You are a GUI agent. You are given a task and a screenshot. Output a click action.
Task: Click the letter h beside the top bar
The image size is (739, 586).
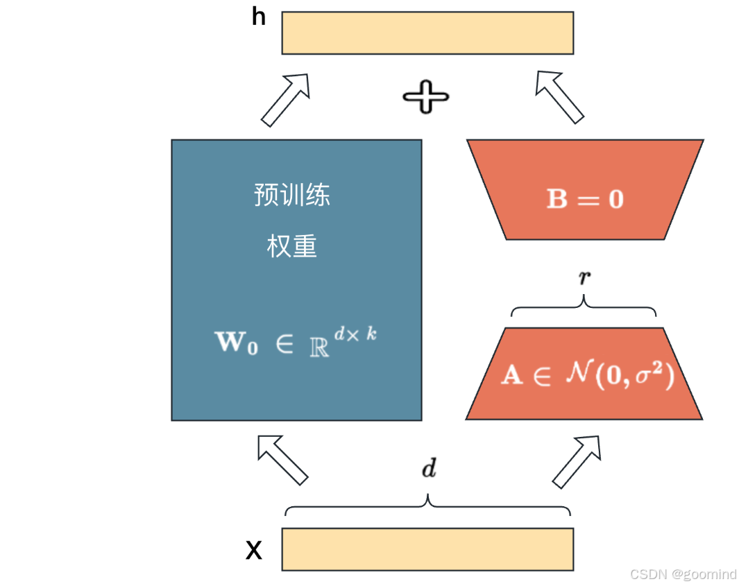click(259, 17)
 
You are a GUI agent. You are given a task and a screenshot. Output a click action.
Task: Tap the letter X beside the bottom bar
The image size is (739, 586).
click(255, 551)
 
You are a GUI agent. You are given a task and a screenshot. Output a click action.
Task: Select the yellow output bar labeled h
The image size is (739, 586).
click(427, 33)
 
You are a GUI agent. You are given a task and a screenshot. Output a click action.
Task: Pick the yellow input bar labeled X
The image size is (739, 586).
click(427, 549)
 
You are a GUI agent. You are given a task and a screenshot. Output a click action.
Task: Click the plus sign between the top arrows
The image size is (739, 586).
click(426, 96)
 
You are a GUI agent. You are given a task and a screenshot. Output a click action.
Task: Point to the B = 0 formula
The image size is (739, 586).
click(585, 200)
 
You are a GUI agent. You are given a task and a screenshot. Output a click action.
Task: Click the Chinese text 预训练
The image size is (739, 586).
click(292, 195)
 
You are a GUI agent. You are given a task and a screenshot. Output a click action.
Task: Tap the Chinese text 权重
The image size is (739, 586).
click(292, 246)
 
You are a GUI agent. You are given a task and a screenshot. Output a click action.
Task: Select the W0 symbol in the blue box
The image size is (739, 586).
click(237, 342)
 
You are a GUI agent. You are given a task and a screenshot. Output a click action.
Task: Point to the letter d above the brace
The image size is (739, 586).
click(430, 469)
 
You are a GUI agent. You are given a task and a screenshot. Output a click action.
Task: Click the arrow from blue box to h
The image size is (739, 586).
click(285, 99)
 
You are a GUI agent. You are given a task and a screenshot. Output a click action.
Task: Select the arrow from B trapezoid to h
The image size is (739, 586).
click(559, 96)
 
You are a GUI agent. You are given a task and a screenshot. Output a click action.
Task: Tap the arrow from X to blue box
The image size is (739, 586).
click(282, 459)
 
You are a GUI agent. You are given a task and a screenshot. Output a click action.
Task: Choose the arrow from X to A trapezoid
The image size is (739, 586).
click(576, 460)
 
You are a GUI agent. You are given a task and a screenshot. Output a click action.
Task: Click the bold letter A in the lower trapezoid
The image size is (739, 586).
click(512, 377)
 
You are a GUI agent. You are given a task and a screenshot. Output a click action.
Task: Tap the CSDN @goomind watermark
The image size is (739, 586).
click(682, 574)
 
